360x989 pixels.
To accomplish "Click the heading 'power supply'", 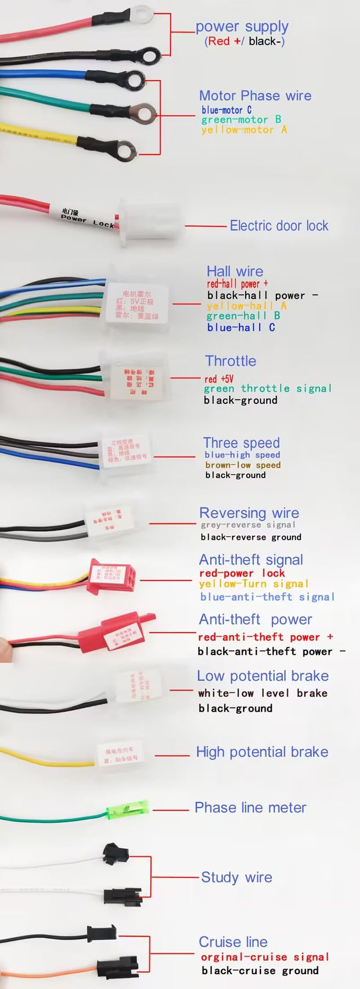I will [242, 26].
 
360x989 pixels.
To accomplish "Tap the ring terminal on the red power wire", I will [142, 12].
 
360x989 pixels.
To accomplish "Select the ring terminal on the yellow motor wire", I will [126, 148].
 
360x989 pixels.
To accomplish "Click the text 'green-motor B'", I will [241, 120].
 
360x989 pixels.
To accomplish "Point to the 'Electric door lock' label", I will [279, 226].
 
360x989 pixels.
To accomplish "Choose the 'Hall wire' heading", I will [235, 271].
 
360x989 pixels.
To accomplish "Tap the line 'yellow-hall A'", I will [246, 306].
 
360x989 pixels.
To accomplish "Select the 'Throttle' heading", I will [230, 361].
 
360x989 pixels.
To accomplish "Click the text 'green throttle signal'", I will [268, 388].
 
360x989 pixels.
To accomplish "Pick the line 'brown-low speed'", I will [242, 465].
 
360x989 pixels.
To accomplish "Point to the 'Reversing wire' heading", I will [249, 513].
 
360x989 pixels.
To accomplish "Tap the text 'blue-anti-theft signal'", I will [267, 597].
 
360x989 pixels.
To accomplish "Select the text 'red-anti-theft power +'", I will [265, 637].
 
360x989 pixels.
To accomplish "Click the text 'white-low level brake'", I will [263, 693].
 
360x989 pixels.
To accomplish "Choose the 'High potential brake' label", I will [262, 752].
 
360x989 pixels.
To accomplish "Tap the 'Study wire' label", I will [236, 877].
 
